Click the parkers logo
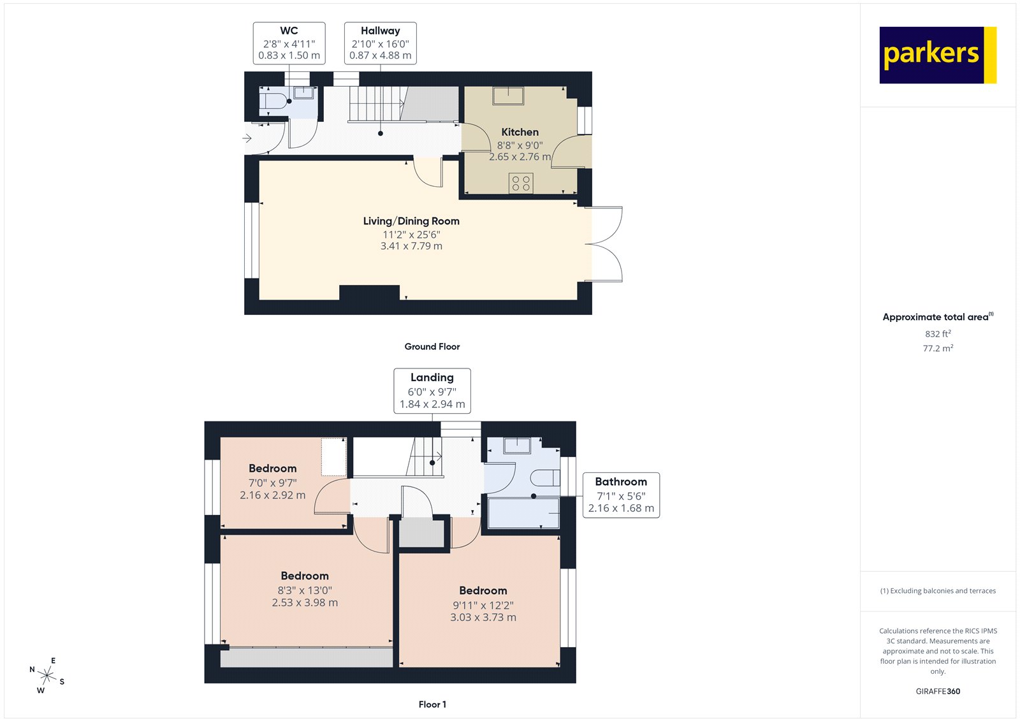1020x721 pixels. pyautogui.click(x=937, y=55)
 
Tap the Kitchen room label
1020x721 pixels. pyautogui.click(x=520, y=132)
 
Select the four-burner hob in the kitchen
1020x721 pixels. pyautogui.click(x=521, y=184)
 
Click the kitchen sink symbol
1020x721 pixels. pyautogui.click(x=508, y=96)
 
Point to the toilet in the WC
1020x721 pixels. pyautogui.click(x=273, y=101)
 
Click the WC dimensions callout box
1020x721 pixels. pyautogui.click(x=289, y=43)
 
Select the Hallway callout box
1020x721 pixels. pyautogui.click(x=380, y=43)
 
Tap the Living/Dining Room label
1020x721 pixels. pyautogui.click(x=411, y=221)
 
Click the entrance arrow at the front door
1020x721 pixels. pyautogui.click(x=247, y=138)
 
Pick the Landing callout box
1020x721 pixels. pyautogui.click(x=432, y=390)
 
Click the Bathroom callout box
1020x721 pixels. pyautogui.click(x=621, y=495)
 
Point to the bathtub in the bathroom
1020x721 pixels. pyautogui.click(x=523, y=513)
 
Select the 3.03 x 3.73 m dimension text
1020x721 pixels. pyautogui.click(x=483, y=617)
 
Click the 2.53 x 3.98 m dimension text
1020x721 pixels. pyautogui.click(x=305, y=602)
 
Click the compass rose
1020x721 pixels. pyautogui.click(x=47, y=674)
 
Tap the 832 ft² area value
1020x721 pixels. pyautogui.click(x=938, y=333)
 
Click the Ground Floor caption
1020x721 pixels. pyautogui.click(x=432, y=347)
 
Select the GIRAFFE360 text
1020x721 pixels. pyautogui.click(x=937, y=691)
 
